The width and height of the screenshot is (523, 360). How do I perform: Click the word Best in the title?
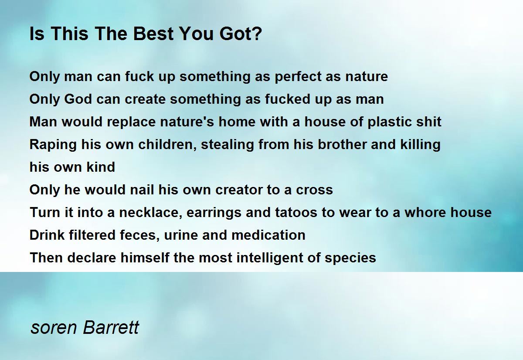[x=153, y=34]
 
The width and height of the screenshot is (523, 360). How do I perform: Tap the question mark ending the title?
[x=257, y=34]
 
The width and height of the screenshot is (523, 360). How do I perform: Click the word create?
[x=145, y=99]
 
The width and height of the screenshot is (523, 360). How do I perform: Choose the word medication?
[x=268, y=235]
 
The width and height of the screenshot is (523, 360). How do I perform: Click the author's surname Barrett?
[x=111, y=327]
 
